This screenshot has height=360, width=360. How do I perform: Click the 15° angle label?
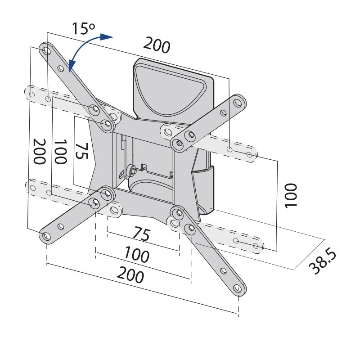(x=83, y=29)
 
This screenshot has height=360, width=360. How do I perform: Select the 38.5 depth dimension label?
(x=322, y=262)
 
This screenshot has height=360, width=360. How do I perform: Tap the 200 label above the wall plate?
(x=157, y=45)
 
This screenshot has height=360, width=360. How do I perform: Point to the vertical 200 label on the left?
(x=40, y=151)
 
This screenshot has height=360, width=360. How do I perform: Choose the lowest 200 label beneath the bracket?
(x=130, y=274)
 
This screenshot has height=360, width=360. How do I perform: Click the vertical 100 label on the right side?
(x=291, y=196)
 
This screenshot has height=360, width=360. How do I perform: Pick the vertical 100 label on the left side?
(x=60, y=152)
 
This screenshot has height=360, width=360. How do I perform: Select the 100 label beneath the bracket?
(x=137, y=254)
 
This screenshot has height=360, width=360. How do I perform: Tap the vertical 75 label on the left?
(x=81, y=151)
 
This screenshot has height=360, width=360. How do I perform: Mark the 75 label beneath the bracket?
(x=142, y=234)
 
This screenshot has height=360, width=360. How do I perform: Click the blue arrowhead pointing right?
(x=107, y=37)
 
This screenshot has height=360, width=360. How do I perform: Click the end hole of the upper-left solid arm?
(x=47, y=50)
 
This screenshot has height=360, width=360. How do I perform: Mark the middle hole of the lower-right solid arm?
(x=223, y=271)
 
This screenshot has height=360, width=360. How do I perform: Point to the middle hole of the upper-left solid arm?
(x=61, y=68)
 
